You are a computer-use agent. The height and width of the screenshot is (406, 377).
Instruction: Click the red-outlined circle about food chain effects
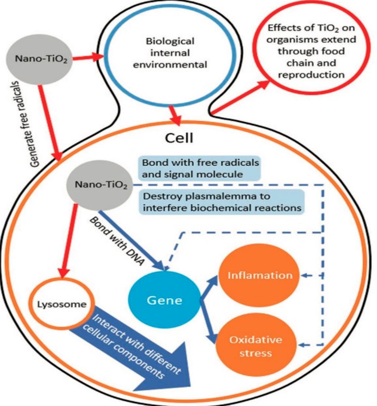point(311,52)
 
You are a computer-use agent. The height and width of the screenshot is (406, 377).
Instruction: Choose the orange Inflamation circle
point(260,275)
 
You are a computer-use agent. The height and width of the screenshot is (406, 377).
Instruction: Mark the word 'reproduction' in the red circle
point(311,74)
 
